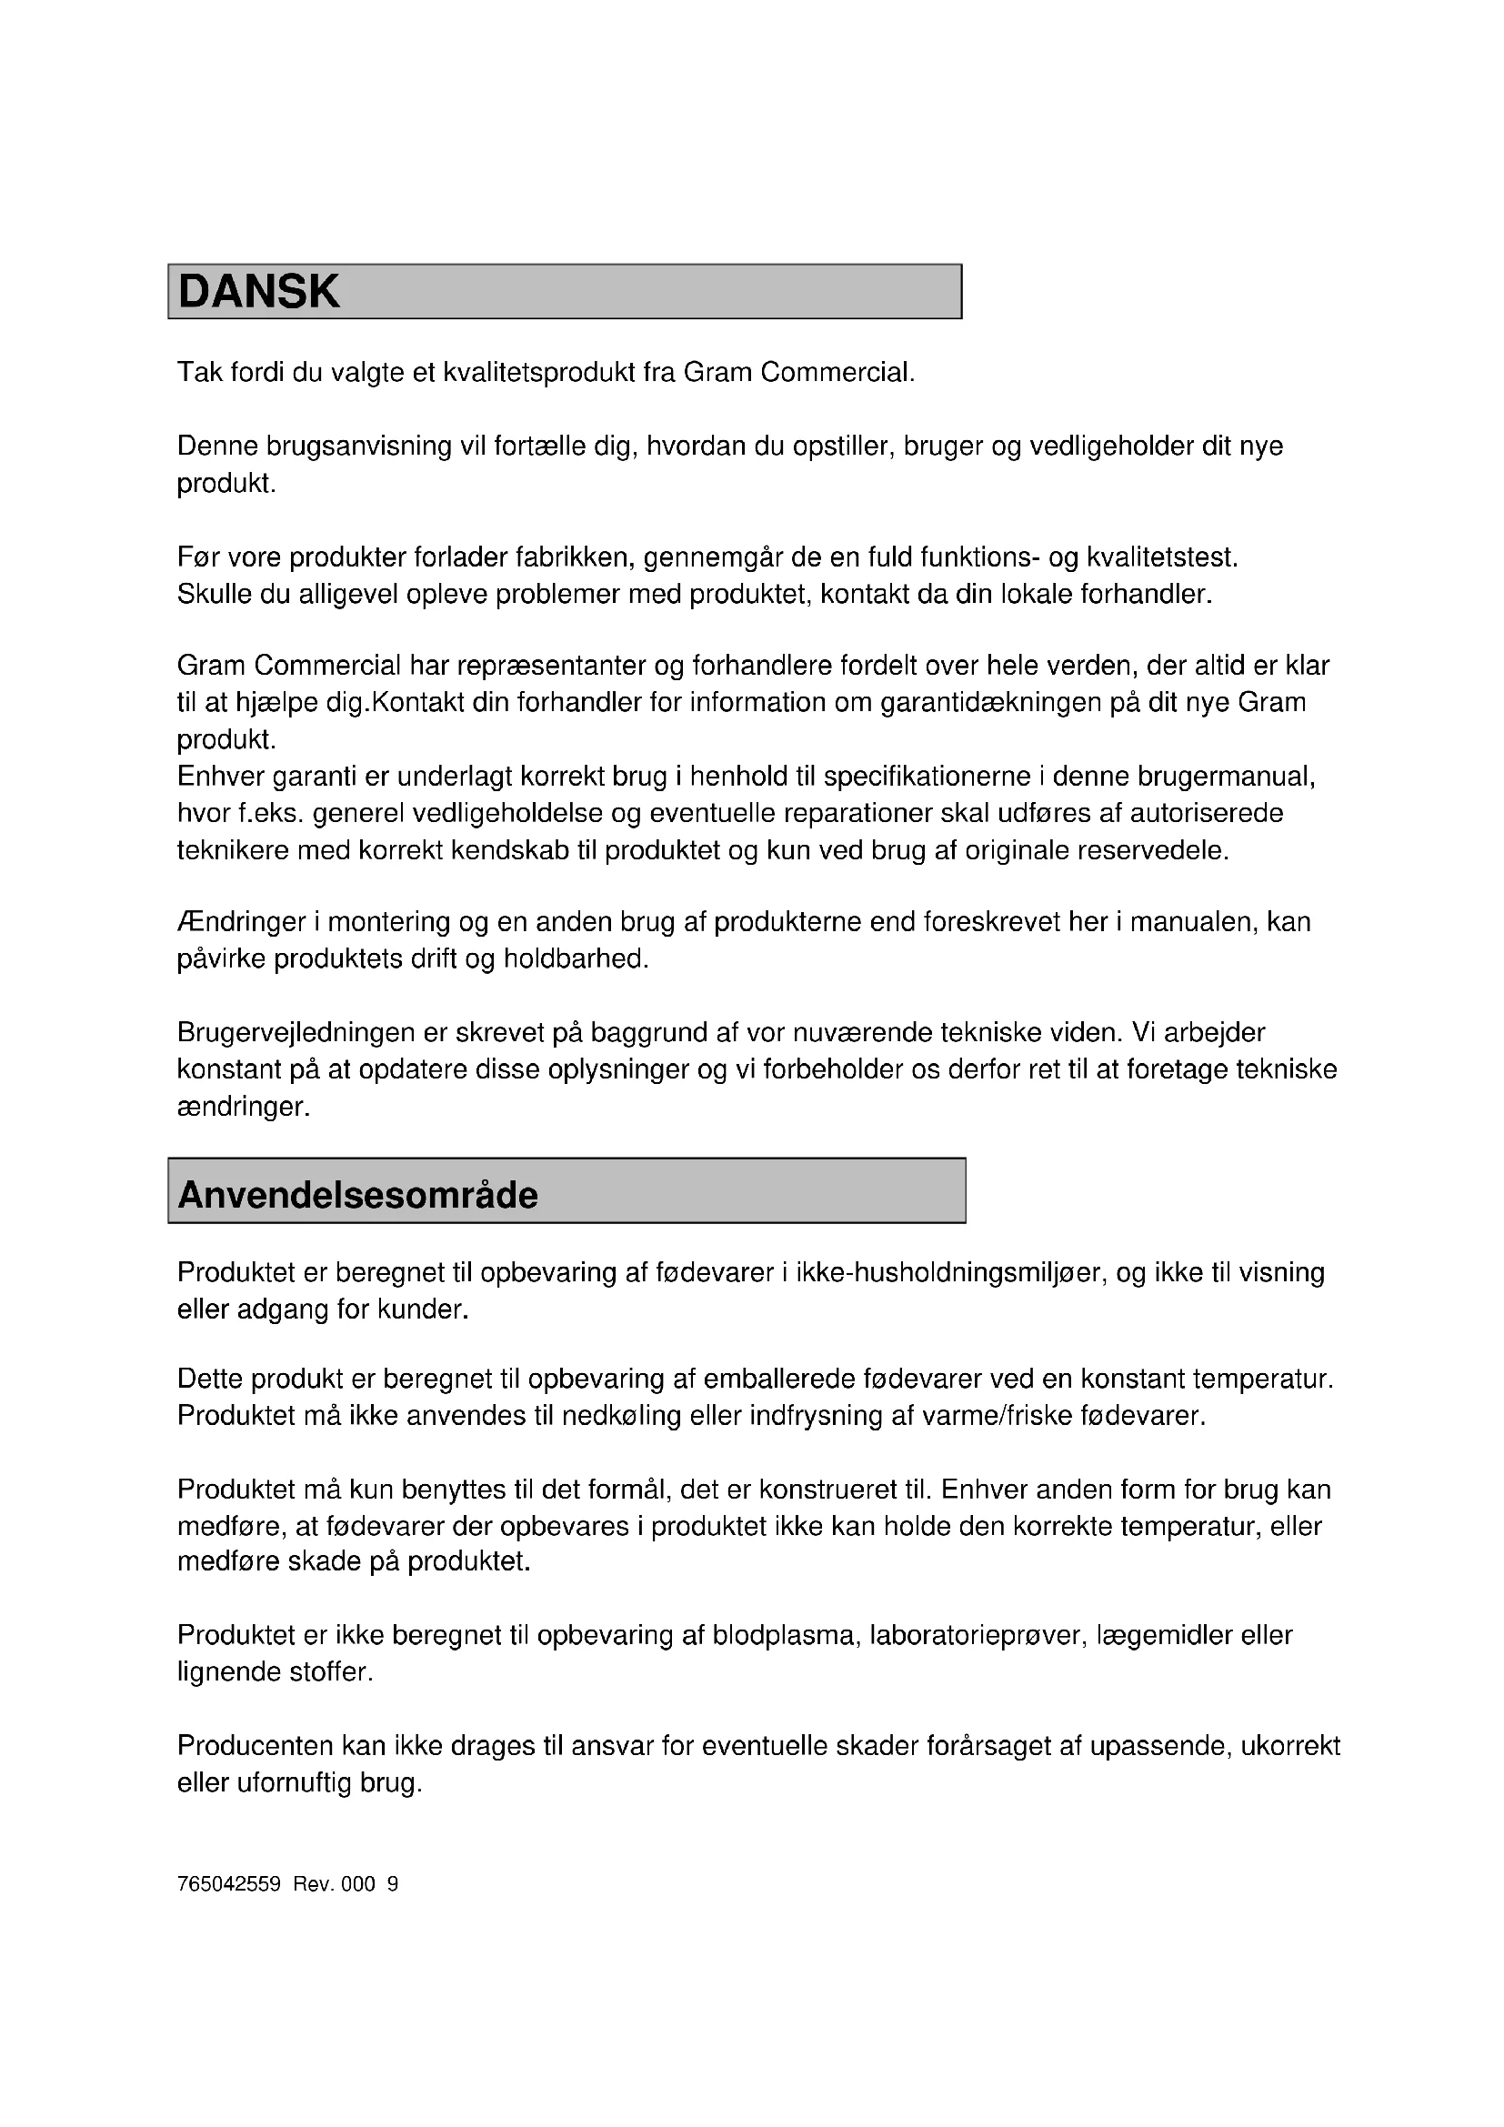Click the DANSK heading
click(258, 292)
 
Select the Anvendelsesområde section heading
click(357, 1195)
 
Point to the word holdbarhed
click(575, 958)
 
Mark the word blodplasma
click(787, 1636)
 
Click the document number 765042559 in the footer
click(229, 1884)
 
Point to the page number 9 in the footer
click(393, 1884)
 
